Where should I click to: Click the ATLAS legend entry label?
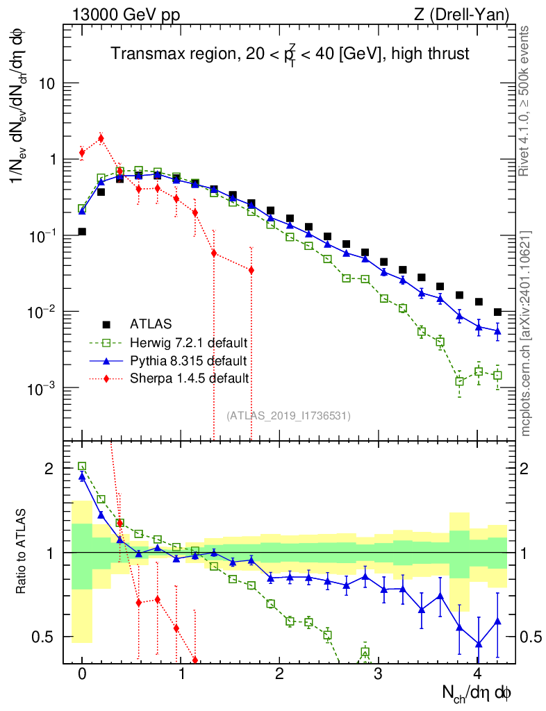(150, 324)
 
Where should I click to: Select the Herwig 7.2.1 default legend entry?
(188, 342)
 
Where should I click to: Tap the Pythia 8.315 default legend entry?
(188, 360)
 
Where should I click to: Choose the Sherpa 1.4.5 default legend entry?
(189, 378)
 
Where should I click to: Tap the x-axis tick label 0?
(82, 674)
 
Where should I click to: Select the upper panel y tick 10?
(45, 83)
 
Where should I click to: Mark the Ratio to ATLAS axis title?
(23, 552)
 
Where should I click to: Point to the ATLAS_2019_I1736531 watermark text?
(288, 415)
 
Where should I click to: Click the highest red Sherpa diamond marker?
(101, 138)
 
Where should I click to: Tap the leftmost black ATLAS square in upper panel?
(82, 232)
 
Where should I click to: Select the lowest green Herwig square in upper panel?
(459, 381)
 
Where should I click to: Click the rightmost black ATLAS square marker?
(497, 312)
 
